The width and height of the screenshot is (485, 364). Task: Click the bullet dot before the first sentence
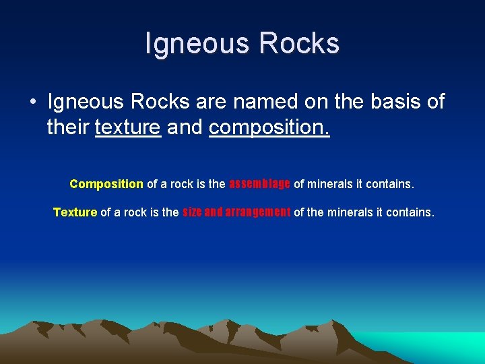(32, 102)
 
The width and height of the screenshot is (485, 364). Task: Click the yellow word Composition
(106, 184)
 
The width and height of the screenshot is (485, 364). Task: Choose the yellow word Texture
(75, 212)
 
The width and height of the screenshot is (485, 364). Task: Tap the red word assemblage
(260, 183)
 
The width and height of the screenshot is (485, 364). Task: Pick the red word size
(192, 212)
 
